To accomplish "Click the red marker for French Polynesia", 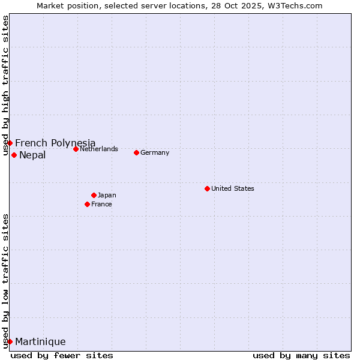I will click(10, 143).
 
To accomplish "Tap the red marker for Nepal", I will click(14, 155).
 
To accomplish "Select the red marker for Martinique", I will click(10, 341).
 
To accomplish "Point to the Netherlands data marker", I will click(76, 149).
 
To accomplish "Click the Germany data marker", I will click(136, 152).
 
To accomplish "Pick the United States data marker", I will click(207, 188).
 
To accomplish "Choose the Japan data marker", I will click(94, 195).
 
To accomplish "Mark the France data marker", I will click(87, 204).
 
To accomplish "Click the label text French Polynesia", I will click(55, 143).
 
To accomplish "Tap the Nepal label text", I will click(32, 155).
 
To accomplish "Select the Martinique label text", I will click(40, 342).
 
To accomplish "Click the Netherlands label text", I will click(99, 149).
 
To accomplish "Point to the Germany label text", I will click(155, 152).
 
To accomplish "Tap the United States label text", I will click(233, 188).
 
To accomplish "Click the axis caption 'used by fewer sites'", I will click(62, 355).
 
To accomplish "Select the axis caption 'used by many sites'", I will click(301, 355).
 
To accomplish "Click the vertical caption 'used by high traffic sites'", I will click(6, 85).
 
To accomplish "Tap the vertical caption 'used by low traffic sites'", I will click(6, 280).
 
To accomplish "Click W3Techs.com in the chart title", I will click(295, 5).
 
